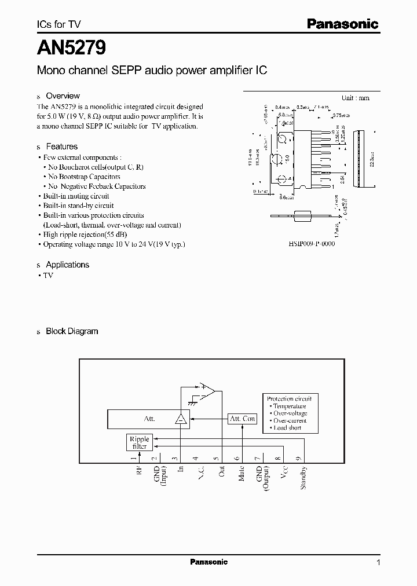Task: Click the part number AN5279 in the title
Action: click(x=71, y=47)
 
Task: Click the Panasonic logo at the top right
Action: click(x=342, y=24)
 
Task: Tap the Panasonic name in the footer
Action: click(x=209, y=562)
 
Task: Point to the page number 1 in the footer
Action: click(x=378, y=562)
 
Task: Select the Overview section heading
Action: click(x=63, y=96)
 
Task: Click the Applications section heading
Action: click(x=67, y=265)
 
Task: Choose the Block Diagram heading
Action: click(x=72, y=331)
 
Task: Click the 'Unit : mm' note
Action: click(x=355, y=98)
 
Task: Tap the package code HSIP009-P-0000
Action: click(x=311, y=244)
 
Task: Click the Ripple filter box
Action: click(x=139, y=443)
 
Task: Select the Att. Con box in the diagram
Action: click(x=243, y=419)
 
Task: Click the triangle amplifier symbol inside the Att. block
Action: click(x=181, y=419)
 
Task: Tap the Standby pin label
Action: click(x=303, y=478)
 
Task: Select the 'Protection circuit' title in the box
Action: click(x=289, y=399)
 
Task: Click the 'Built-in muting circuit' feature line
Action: click(x=76, y=196)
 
